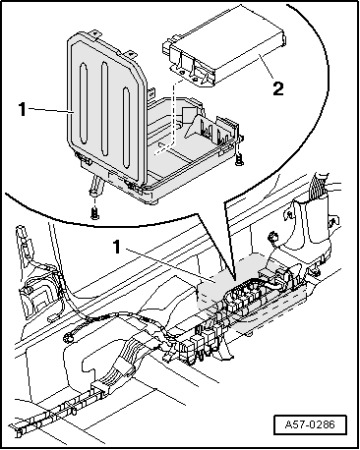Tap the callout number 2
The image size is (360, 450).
(x=278, y=89)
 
